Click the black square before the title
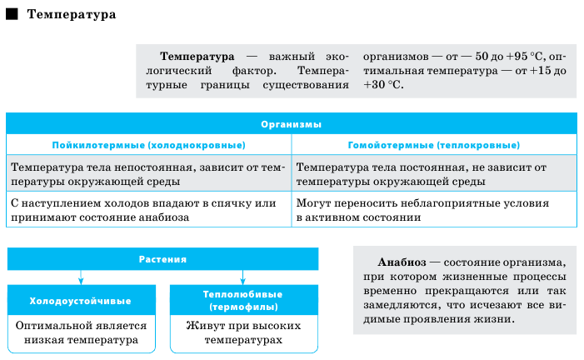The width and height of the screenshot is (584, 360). coord(12,14)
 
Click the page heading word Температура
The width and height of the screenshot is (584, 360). coord(72,14)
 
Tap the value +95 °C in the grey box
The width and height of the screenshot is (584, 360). coord(525,57)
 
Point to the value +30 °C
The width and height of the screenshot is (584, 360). coord(382,85)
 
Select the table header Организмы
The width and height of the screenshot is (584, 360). coord(292,124)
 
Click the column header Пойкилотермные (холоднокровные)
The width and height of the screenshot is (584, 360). coord(148,145)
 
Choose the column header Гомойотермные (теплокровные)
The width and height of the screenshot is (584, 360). coord(434,145)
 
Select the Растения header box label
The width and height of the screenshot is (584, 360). coord(162,259)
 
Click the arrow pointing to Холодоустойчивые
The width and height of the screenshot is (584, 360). coord(81,277)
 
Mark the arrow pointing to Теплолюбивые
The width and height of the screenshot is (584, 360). coord(242,277)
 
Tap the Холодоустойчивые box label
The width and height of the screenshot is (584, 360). coord(81,301)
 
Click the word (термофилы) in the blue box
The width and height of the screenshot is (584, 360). coord(243,307)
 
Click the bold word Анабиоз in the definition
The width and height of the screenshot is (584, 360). coord(402,262)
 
